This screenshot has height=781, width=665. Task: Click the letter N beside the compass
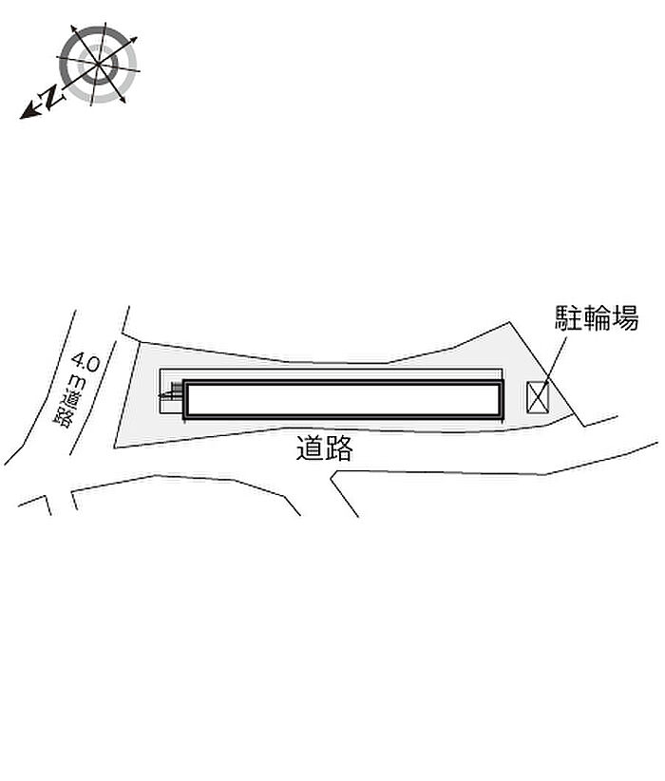(50, 97)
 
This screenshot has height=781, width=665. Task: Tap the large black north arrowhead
(28, 111)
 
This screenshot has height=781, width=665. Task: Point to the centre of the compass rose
(98, 65)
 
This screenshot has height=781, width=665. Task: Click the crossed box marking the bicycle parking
(538, 397)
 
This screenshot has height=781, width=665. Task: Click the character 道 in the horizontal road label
(311, 448)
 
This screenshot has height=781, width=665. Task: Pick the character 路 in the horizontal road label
(339, 448)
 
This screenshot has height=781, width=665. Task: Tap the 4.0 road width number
(85, 362)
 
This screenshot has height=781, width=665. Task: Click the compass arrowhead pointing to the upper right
(133, 40)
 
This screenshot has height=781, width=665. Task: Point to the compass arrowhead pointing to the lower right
(122, 100)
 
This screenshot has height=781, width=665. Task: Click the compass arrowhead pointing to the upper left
(74, 29)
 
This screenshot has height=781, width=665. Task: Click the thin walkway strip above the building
(331, 374)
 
